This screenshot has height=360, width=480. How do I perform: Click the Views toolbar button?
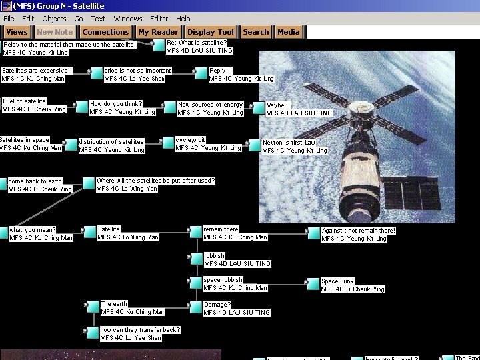[x=17, y=32]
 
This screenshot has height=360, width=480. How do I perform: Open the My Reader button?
[x=158, y=32]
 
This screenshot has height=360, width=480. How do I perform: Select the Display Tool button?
[x=211, y=32]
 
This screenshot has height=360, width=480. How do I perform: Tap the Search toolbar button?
[x=256, y=32]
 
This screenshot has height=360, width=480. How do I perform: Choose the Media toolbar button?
[x=288, y=32]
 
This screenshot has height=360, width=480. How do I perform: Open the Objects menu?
[x=54, y=19]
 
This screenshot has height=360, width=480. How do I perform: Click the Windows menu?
[x=128, y=19]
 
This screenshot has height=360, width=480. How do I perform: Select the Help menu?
[x=183, y=19]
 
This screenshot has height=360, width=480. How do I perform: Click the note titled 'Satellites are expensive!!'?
[x=37, y=70]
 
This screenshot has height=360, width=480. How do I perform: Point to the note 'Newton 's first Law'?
[x=289, y=143]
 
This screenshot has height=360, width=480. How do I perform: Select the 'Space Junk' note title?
[x=338, y=281]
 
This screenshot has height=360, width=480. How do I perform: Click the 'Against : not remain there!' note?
[x=359, y=231]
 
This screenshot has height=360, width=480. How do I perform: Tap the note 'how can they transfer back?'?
[x=140, y=330]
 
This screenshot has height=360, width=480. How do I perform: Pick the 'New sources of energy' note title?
[x=210, y=105]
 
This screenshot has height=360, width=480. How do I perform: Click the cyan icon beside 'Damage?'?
[x=195, y=307]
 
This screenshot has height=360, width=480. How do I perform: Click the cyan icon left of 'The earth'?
[x=92, y=307]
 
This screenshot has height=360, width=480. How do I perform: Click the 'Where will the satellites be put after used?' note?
[x=155, y=181]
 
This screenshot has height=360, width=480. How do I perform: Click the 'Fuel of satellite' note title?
[x=25, y=101]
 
